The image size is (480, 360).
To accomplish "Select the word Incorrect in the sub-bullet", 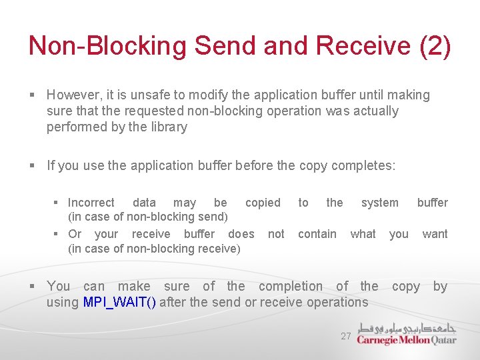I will (x=91, y=203).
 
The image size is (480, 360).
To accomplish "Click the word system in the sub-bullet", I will (x=379, y=203).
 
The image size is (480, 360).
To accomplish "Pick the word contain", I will (x=317, y=234).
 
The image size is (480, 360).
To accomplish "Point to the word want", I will (x=435, y=234).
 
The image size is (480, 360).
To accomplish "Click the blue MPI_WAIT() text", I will (x=119, y=302).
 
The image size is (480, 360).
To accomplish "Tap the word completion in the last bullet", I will (x=290, y=286).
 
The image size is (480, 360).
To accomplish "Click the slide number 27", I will (x=345, y=337).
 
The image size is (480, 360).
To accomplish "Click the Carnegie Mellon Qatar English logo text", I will (x=406, y=340).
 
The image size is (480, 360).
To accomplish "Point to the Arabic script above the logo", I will (x=407, y=328).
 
